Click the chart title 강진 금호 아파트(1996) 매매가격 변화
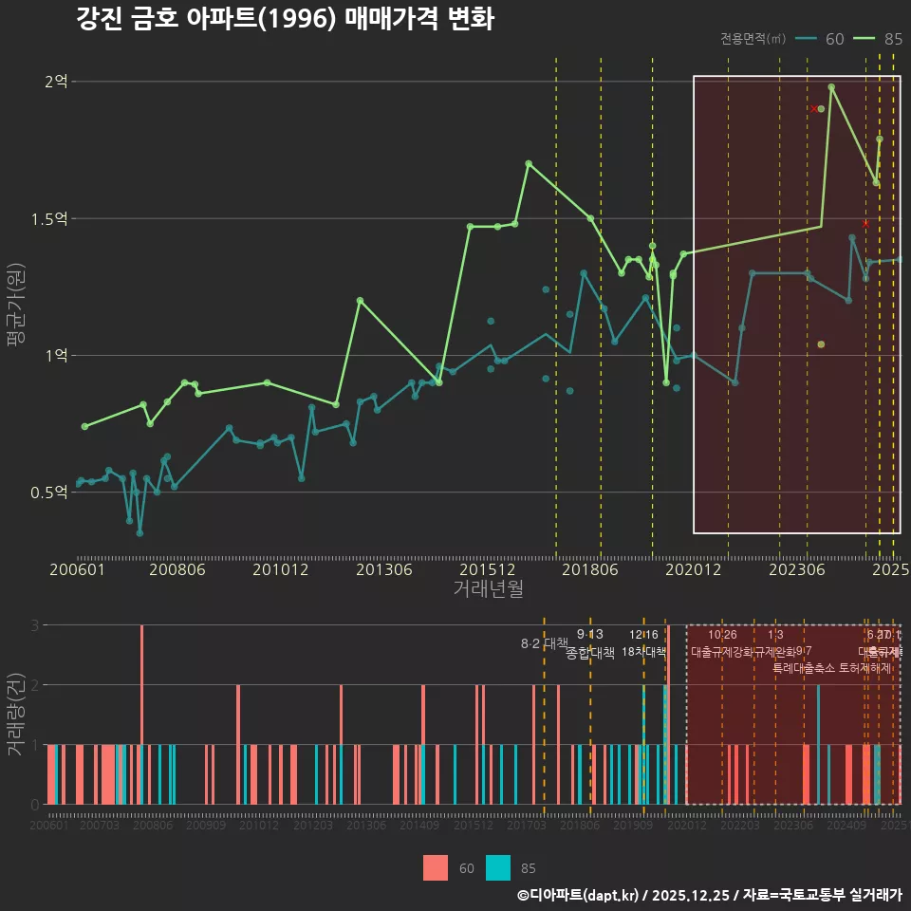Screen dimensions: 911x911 click(x=285, y=19)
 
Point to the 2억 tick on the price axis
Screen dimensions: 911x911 click(x=56, y=82)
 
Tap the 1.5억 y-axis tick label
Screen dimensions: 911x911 click(x=49, y=219)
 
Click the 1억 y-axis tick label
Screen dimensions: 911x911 click(x=56, y=356)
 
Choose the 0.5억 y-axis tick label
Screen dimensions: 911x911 click(x=49, y=493)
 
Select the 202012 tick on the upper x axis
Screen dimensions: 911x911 click(x=693, y=570)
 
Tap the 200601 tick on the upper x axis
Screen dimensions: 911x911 click(x=78, y=570)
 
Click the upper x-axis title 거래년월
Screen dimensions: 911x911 click(x=488, y=589)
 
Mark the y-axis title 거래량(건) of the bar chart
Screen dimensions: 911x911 click(x=16, y=715)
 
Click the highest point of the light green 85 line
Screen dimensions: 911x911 click(x=831, y=87)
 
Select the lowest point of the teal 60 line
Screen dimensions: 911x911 click(x=139, y=533)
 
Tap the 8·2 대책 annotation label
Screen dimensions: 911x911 click(x=544, y=643)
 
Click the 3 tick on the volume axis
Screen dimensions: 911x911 click(x=35, y=625)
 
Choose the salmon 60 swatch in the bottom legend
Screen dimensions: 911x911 click(x=436, y=867)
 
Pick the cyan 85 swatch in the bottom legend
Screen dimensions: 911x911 click(x=498, y=867)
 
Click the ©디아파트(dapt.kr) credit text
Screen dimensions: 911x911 click(x=580, y=895)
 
